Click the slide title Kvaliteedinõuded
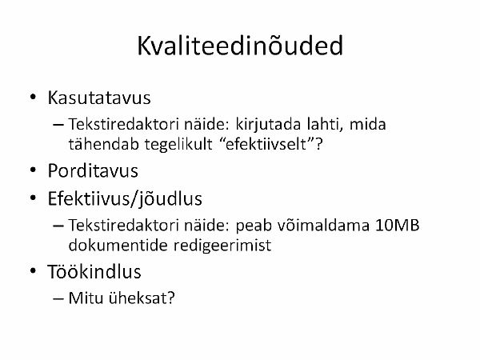coord(240,46)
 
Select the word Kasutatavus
coord(99,98)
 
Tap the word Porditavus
coord(93,170)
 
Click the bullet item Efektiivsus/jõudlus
coord(125,199)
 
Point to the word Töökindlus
coord(94,271)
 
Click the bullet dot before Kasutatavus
coord(33,97)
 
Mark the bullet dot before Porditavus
coord(33,170)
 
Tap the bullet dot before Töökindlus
coord(33,271)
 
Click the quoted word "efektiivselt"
coord(268,144)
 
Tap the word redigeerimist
coord(222,246)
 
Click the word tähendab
coord(104,144)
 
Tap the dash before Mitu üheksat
coord(58,298)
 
